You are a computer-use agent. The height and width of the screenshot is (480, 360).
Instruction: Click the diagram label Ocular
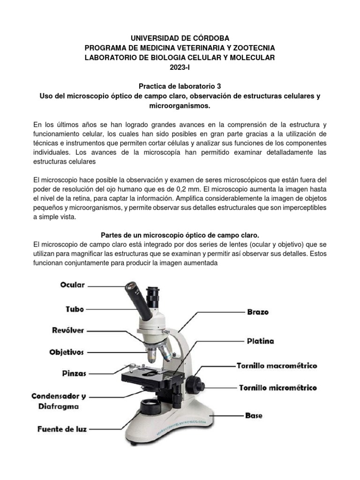[72, 285]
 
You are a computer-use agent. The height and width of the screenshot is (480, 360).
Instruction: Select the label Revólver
[68, 330]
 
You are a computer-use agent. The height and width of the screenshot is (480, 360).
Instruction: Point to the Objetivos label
[67, 352]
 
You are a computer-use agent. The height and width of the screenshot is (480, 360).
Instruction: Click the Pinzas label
[74, 374]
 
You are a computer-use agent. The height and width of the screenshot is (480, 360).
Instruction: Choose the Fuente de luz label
[62, 428]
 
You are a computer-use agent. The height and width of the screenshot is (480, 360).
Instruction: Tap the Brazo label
[258, 312]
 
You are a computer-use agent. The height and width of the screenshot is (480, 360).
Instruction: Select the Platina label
[260, 341]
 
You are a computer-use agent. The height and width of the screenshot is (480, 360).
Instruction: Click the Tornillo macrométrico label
[277, 366]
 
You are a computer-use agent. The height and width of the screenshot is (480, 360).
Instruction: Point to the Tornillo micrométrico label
[277, 388]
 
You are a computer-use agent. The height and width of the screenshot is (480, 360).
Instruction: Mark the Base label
[254, 415]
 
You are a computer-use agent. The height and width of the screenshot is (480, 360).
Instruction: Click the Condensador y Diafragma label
[60, 401]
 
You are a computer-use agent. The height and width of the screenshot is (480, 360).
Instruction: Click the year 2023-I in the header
[180, 67]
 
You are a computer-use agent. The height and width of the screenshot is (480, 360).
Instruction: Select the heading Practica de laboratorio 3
[180, 86]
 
